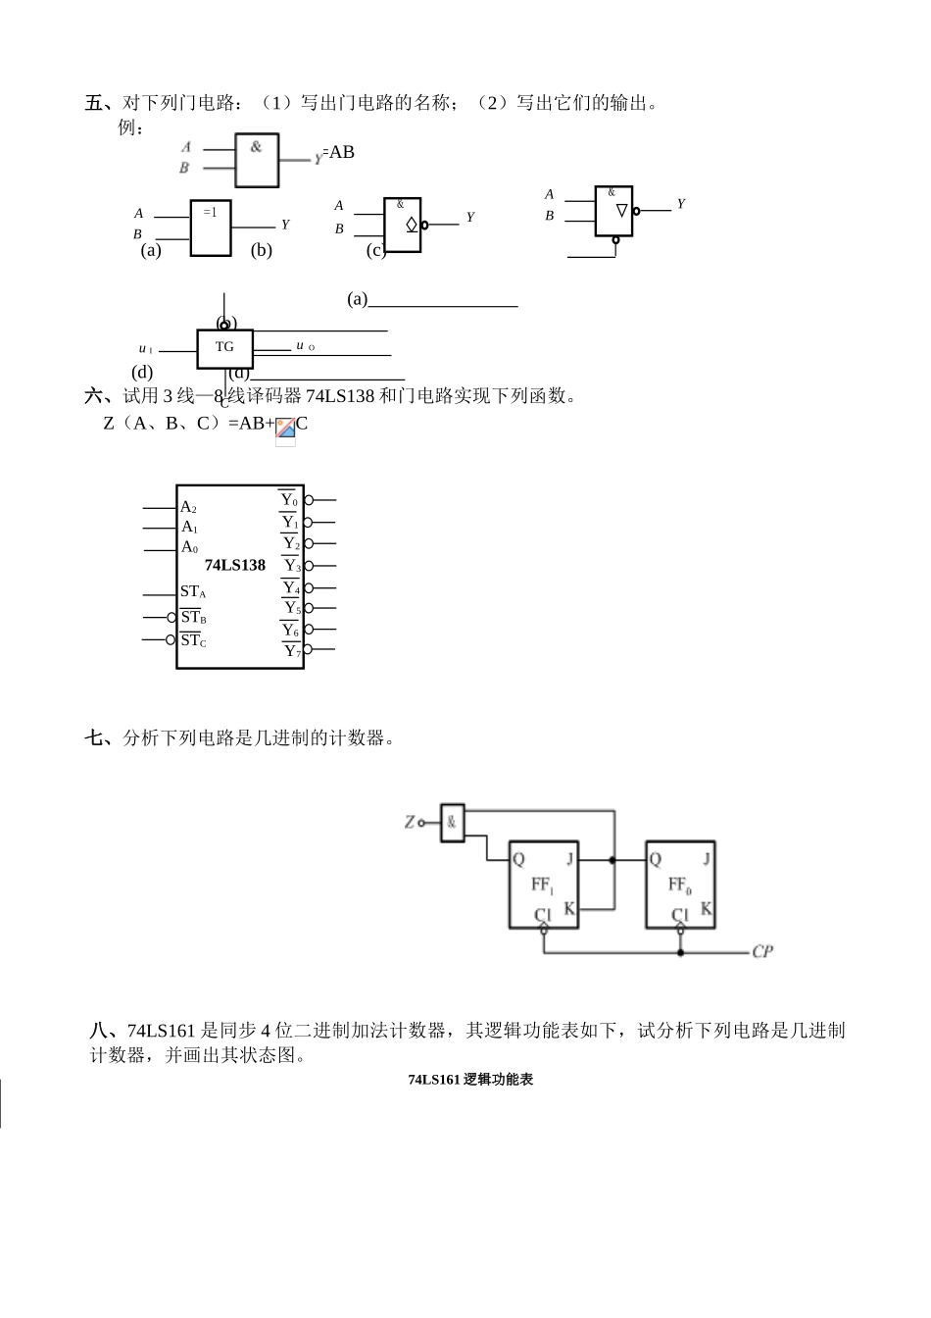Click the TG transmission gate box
pyautogui.click(x=224, y=348)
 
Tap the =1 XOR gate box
pyautogui.click(x=211, y=228)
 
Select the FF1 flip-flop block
pyautogui.click(x=543, y=885)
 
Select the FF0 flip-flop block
pyautogui.click(x=680, y=885)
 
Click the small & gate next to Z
pyautogui.click(x=452, y=823)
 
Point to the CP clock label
pyautogui.click(x=762, y=951)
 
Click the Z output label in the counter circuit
pyautogui.click(x=410, y=822)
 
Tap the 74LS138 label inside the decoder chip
pyautogui.click(x=235, y=565)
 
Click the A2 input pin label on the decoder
pyautogui.click(x=188, y=508)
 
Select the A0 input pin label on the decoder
pyautogui.click(x=189, y=547)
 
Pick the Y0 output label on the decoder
pyautogui.click(x=288, y=500)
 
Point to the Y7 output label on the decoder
pyautogui.click(x=290, y=651)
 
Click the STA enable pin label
pyautogui.click(x=192, y=592)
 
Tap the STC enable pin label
pyautogui.click(x=193, y=640)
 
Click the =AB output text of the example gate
pyautogui.click(x=339, y=152)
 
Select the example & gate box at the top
pyautogui.click(x=257, y=160)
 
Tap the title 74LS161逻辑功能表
pyautogui.click(x=470, y=1080)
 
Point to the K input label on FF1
pyautogui.click(x=569, y=909)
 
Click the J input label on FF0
pyautogui.click(x=707, y=859)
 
